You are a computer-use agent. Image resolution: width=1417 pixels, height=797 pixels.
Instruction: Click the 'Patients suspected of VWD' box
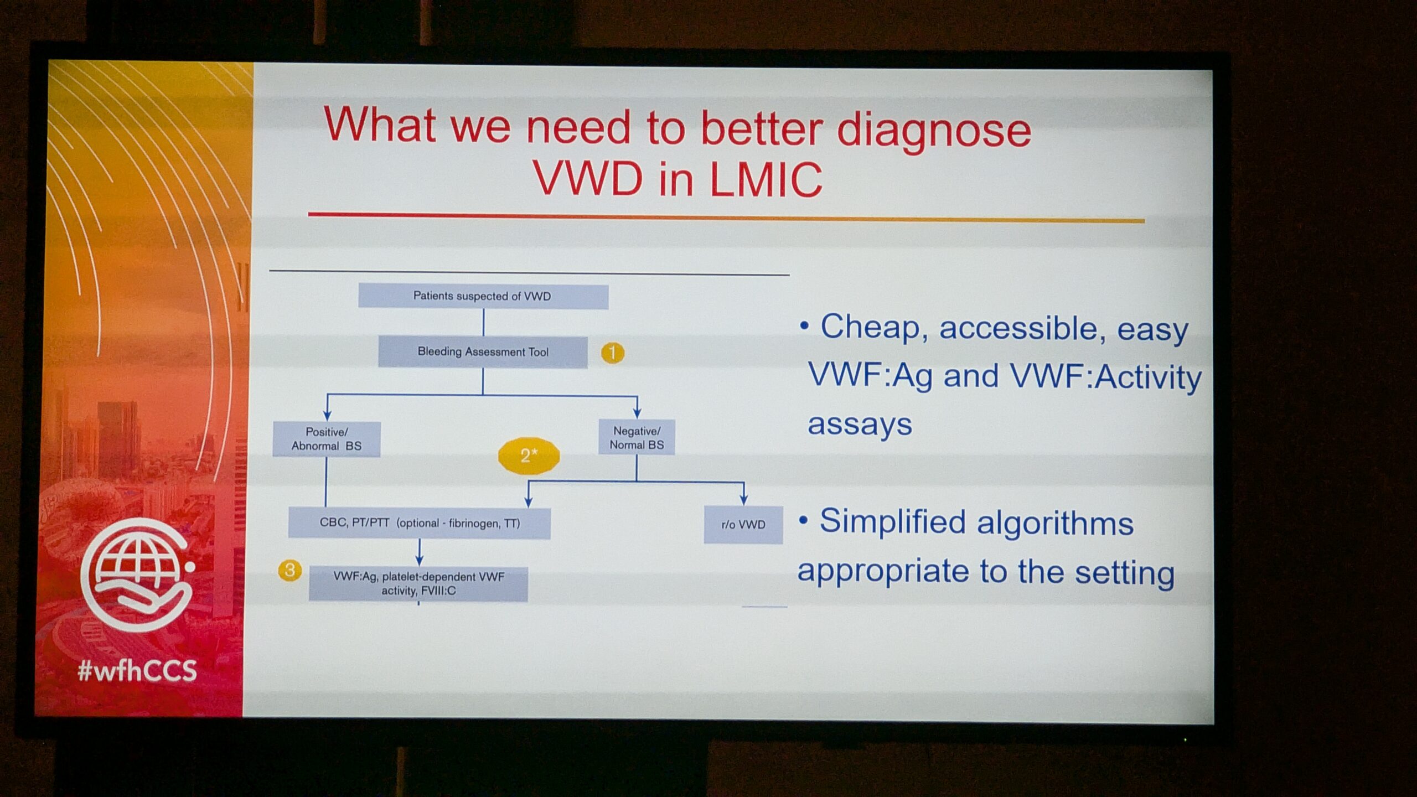tap(483, 296)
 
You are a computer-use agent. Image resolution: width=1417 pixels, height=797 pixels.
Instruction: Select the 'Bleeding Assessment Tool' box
tap(483, 352)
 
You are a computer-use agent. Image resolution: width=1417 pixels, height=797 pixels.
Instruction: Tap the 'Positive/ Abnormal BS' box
tap(327, 439)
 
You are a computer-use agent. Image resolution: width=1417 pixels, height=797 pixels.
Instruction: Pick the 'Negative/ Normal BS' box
tap(637, 438)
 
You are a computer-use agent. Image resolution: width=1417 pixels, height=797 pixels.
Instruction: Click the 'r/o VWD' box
tap(743, 525)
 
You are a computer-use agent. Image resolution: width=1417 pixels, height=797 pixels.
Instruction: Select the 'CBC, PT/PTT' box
tap(420, 524)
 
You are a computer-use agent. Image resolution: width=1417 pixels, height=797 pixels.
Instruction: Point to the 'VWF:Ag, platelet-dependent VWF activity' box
tap(418, 584)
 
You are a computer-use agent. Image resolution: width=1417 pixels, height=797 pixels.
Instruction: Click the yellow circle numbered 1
tap(613, 353)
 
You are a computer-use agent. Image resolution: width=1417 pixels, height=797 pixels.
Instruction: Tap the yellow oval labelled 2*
tap(529, 456)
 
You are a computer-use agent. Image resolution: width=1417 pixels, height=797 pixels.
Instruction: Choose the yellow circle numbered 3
tap(289, 570)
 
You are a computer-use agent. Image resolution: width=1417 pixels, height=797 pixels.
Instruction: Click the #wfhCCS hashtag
tap(137, 671)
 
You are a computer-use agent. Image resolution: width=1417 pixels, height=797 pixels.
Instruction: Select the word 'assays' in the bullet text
tap(860, 425)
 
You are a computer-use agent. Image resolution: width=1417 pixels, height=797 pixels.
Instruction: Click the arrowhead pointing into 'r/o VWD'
tap(743, 499)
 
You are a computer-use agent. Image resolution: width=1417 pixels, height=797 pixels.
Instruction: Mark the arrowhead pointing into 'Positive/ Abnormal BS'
tap(327, 415)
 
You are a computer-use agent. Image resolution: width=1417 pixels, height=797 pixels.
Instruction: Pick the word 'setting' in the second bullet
tap(1125, 574)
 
